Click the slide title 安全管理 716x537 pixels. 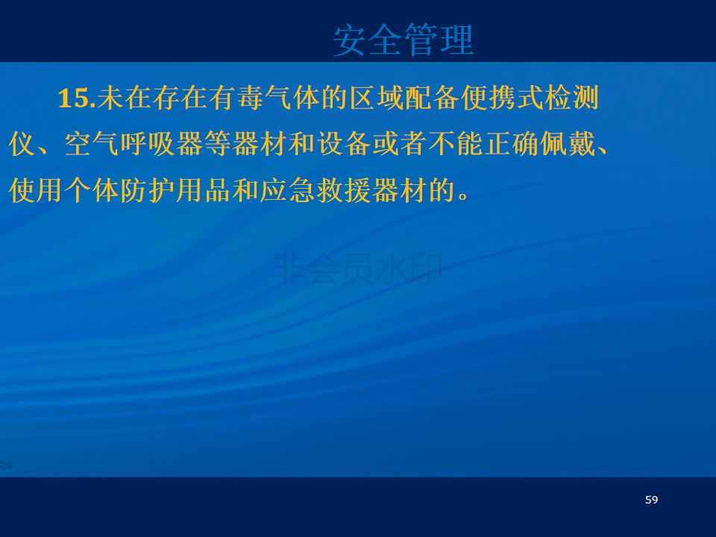click(x=403, y=40)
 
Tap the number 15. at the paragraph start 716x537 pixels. click(x=77, y=98)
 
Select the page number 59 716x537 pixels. click(x=652, y=500)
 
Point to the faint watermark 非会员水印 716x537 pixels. click(x=357, y=269)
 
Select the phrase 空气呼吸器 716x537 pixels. click(x=134, y=144)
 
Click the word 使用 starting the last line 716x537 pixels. click(x=36, y=190)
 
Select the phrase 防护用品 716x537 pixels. click(x=175, y=190)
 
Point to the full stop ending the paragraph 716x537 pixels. click(x=463, y=197)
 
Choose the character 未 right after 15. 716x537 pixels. click(x=110, y=98)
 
